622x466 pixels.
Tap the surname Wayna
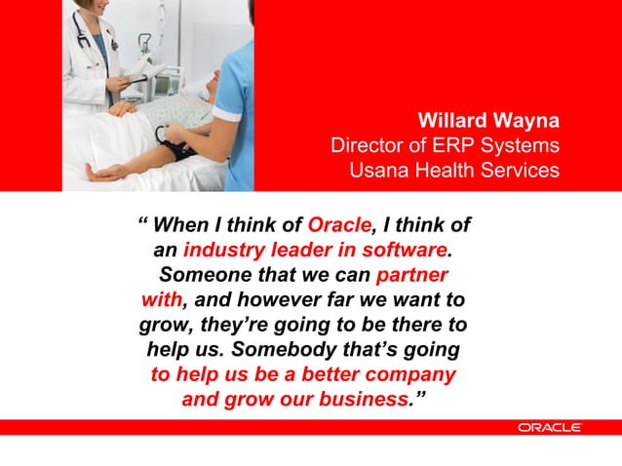click(526, 121)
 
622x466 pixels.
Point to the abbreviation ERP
click(446, 146)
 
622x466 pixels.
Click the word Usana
click(379, 171)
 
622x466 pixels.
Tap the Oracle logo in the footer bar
click(550, 427)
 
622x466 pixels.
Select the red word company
click(403, 374)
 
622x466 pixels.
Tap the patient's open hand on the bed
click(105, 172)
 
